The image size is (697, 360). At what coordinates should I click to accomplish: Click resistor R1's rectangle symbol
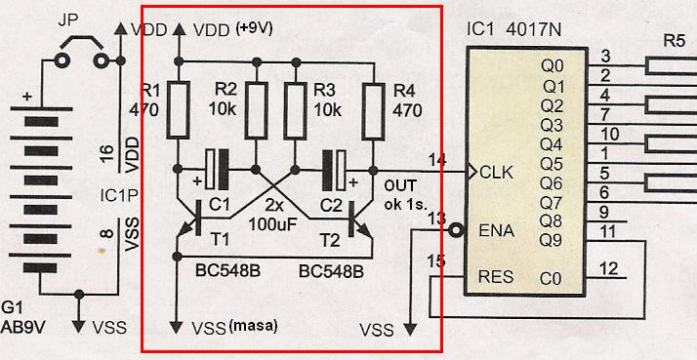[x=179, y=109]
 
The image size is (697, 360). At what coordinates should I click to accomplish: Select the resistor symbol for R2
[x=256, y=109]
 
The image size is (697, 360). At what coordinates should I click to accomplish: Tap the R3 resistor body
[x=295, y=109]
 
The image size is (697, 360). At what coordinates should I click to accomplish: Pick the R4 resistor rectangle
[x=373, y=111]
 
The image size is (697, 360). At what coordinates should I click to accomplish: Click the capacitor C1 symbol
[x=218, y=170]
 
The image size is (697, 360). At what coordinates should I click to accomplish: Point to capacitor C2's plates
[x=334, y=170]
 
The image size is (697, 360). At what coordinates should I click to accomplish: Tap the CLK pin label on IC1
[x=497, y=172]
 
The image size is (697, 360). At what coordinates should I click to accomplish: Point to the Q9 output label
[x=552, y=240]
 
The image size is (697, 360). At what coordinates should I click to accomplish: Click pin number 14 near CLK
[x=438, y=160]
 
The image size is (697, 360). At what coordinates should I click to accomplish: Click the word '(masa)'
[x=254, y=326]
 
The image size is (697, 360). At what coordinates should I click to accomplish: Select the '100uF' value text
[x=273, y=224]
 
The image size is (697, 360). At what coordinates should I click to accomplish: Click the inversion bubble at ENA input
[x=456, y=230]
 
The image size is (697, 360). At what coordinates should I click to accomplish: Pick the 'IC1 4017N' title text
[x=513, y=30]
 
